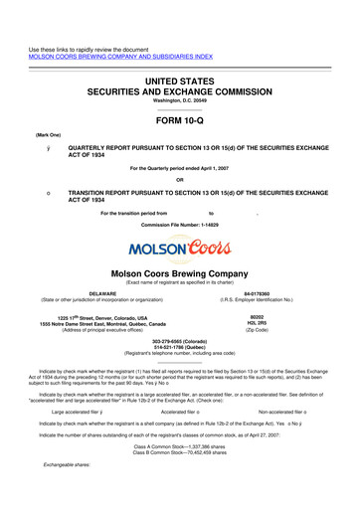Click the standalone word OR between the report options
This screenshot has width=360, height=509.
coord(179,179)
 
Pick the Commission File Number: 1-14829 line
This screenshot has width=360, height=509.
coord(179,226)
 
